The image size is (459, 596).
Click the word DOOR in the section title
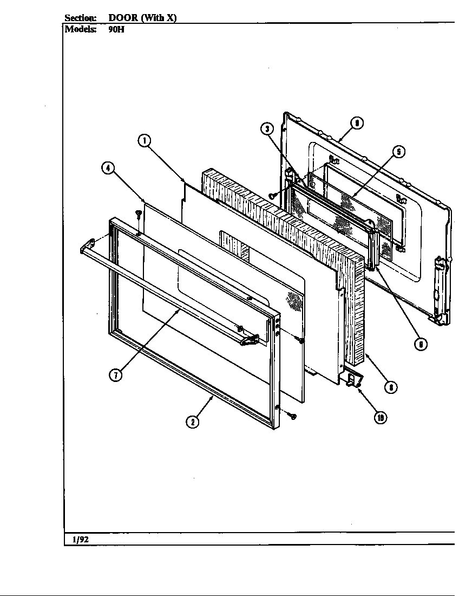point(119,18)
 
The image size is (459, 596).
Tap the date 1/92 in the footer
point(80,540)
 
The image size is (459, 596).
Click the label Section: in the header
point(81,18)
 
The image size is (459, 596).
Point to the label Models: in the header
point(81,29)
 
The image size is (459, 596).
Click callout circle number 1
point(143,141)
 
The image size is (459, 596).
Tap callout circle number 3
point(266,129)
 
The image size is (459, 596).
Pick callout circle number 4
point(108,168)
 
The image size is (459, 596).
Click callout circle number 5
point(398,152)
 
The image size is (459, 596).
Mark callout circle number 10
point(381,417)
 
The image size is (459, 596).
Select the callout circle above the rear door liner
point(356,123)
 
